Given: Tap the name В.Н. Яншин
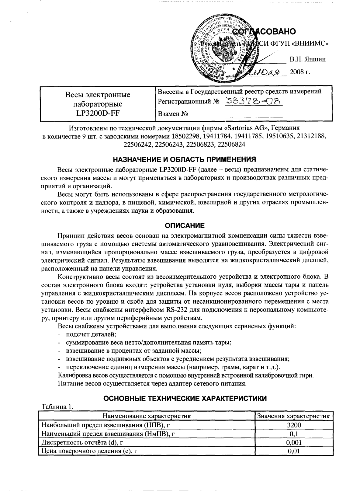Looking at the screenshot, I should click(307, 59).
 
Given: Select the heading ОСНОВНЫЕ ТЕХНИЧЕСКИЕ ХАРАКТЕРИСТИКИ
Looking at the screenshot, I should click(185, 398).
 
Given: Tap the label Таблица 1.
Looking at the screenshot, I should click(57, 407).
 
